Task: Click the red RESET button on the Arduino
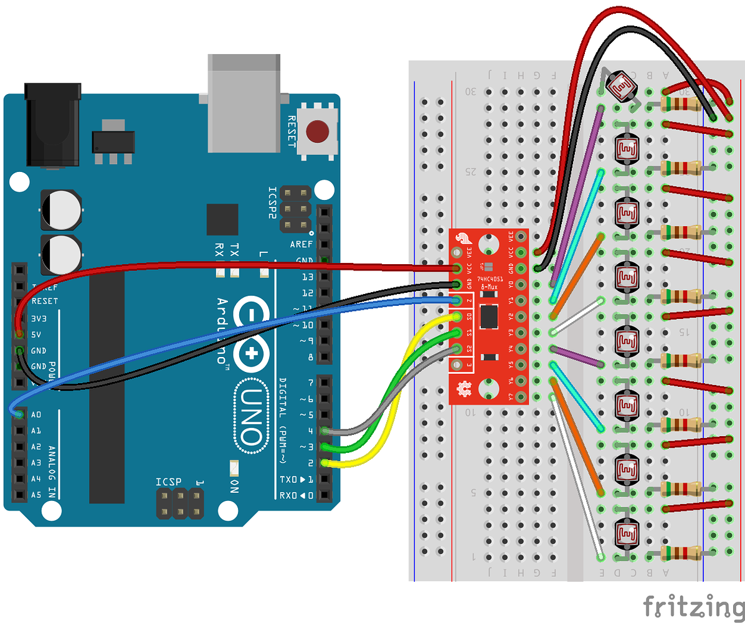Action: (x=318, y=131)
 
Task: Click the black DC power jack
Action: (x=53, y=125)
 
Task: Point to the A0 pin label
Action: (x=36, y=414)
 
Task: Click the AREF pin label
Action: (x=301, y=245)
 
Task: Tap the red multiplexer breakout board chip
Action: (x=489, y=316)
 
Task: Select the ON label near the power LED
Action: (x=235, y=485)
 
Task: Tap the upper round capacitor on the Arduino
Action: (x=60, y=210)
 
